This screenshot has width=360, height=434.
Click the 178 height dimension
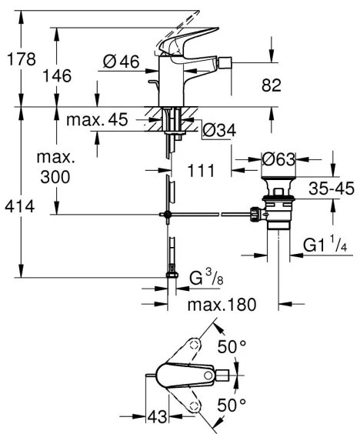[x=18, y=58]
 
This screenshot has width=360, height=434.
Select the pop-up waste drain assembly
[x=275, y=208]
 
